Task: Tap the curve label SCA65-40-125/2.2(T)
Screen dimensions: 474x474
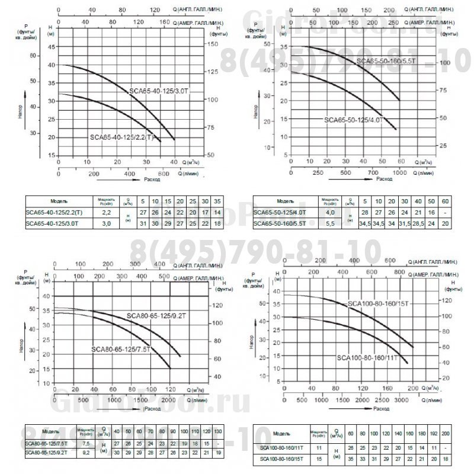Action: [x=122, y=137]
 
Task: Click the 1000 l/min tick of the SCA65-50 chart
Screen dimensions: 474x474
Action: [x=401, y=173]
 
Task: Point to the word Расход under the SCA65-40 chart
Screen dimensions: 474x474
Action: [x=152, y=178]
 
